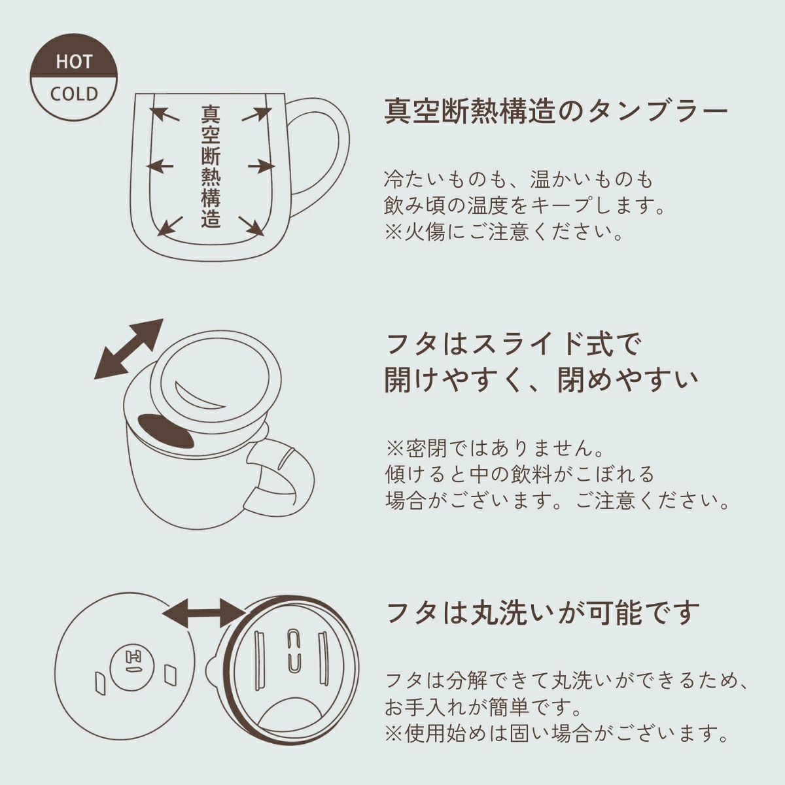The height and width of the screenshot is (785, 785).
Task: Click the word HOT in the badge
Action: tap(74, 62)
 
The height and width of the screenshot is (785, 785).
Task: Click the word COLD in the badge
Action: tap(74, 94)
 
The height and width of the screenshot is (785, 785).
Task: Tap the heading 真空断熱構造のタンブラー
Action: tap(555, 111)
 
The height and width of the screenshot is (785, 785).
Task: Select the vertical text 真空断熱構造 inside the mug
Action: tap(210, 167)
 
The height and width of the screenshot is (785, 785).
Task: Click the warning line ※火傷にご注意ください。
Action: tap(504, 232)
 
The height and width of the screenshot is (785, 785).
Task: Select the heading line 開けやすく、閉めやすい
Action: tap(540, 380)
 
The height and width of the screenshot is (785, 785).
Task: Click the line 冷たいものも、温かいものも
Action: tap(518, 179)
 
